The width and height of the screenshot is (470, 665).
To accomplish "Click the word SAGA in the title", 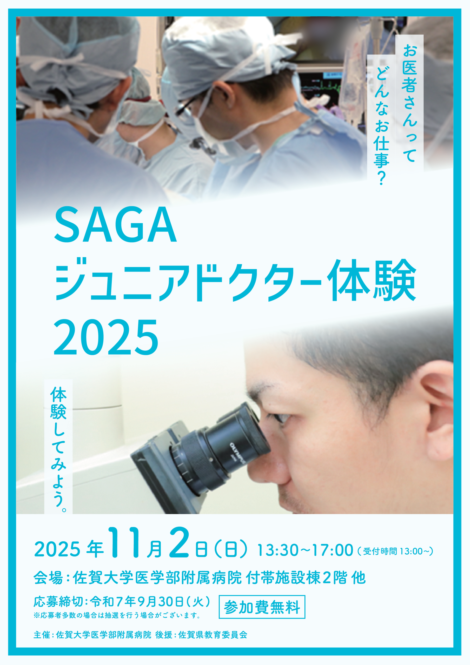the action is click(x=115, y=225).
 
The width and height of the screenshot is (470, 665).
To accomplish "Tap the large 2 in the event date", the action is click(x=179, y=542).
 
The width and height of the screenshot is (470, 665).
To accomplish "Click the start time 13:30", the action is click(x=277, y=550).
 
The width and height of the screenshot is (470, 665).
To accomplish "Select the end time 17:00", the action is click(x=333, y=550).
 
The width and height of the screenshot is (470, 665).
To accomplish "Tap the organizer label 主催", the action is click(x=42, y=635).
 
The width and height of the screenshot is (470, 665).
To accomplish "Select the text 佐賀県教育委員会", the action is click(x=213, y=635).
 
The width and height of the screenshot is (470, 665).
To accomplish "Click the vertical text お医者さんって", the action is click(x=409, y=103).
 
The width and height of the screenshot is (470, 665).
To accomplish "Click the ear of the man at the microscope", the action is click(x=438, y=411).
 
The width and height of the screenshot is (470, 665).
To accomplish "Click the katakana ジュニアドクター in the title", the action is click(x=188, y=280).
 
